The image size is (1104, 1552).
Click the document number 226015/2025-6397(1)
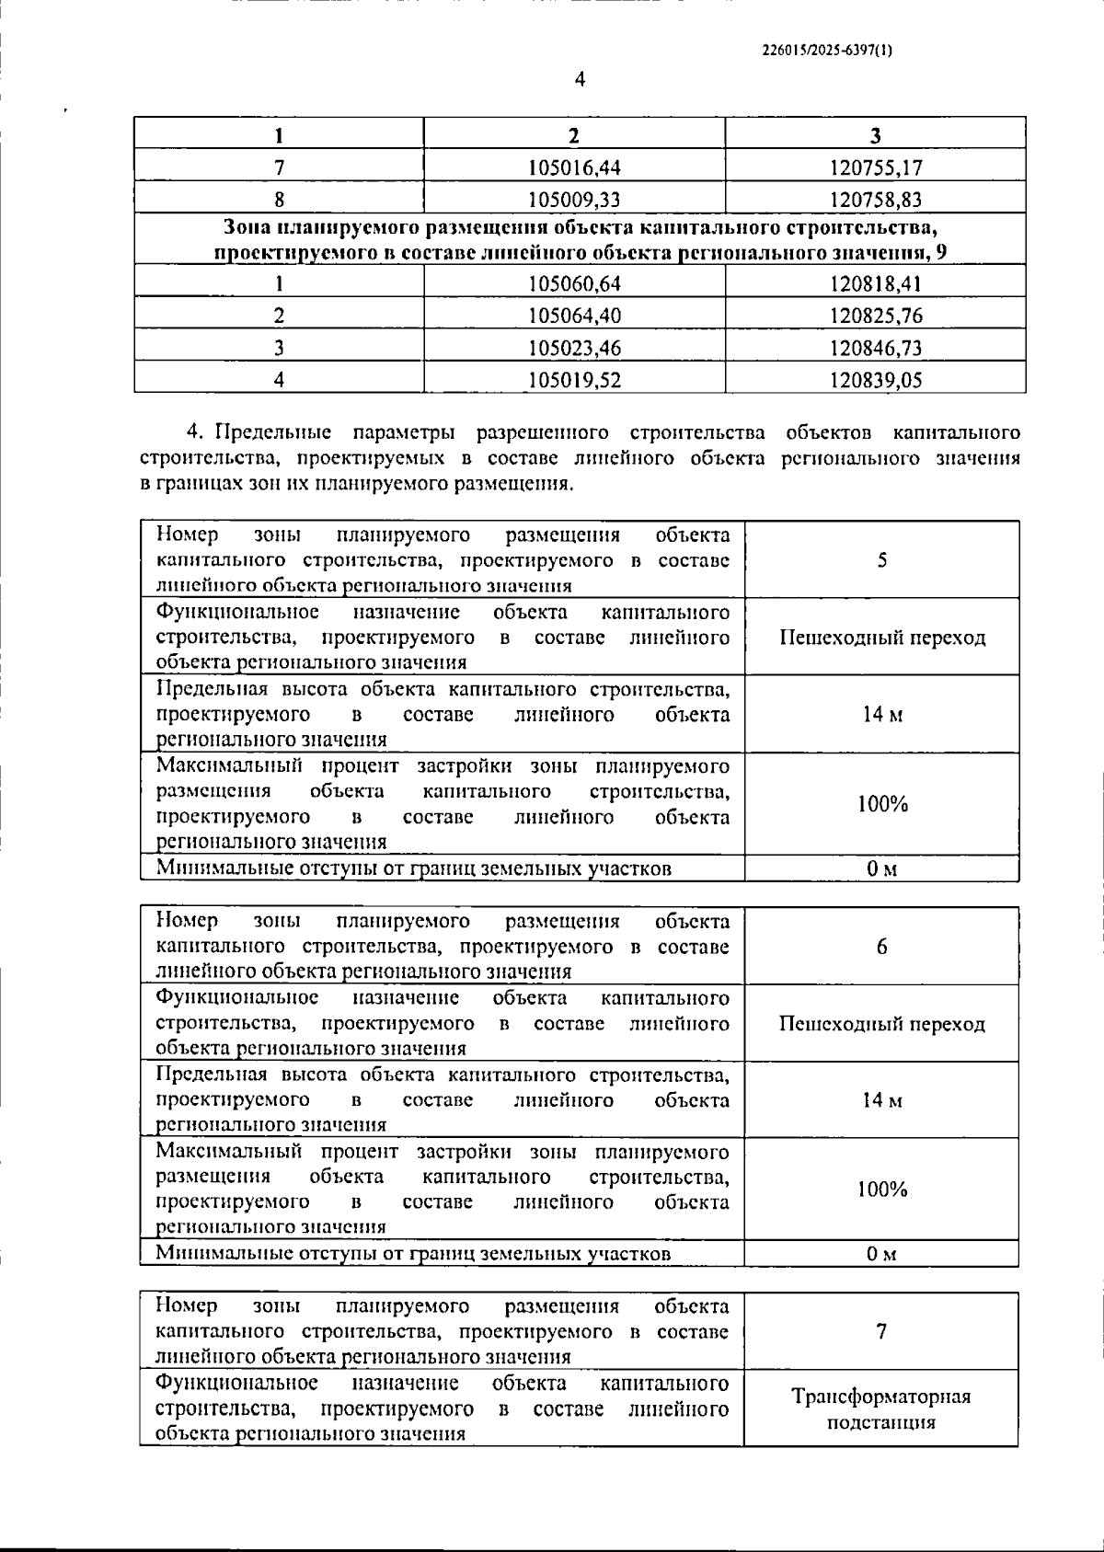(x=827, y=52)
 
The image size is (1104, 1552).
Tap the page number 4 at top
(x=580, y=80)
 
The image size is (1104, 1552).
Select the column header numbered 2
(x=574, y=135)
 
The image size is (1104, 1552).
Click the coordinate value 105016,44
(x=574, y=167)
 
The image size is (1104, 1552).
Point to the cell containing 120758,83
(x=875, y=200)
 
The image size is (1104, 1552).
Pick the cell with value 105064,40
(x=574, y=316)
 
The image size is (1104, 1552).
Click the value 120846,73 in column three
(x=875, y=348)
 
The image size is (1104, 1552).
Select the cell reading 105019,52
(x=574, y=380)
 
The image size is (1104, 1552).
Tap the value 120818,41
(x=875, y=283)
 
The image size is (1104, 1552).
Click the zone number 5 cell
(x=881, y=560)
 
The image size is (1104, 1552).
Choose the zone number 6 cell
(x=881, y=947)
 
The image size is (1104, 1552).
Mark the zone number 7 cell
(x=881, y=1331)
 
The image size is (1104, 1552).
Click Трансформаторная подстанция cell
(x=881, y=1408)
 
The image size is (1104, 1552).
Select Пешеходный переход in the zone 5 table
(x=881, y=638)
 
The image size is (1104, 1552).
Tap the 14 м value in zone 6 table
(x=881, y=1100)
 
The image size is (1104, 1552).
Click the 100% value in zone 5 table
(x=881, y=804)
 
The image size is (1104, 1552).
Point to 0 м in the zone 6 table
(x=881, y=1253)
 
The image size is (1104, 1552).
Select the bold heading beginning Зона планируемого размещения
(x=580, y=239)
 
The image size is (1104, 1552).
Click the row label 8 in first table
(x=279, y=200)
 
